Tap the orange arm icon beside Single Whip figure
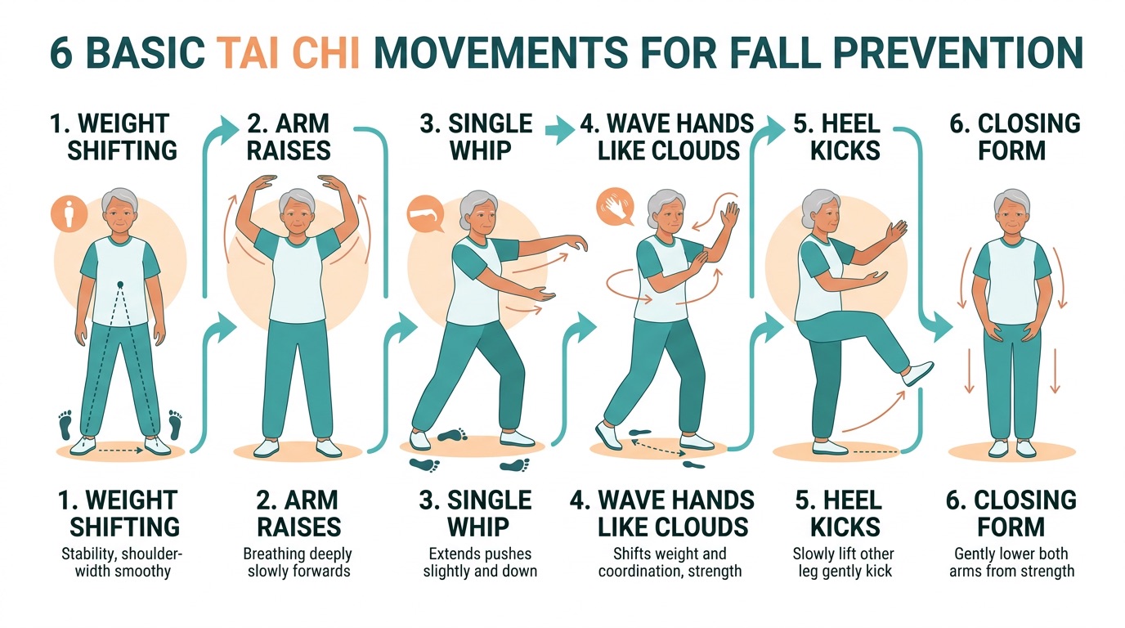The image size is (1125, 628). click(x=424, y=215)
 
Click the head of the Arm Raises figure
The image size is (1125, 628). click(x=296, y=211)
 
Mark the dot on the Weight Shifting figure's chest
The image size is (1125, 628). click(x=119, y=285)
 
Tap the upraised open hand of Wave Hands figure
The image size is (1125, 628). click(x=729, y=216)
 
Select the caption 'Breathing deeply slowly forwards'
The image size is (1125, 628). click(x=298, y=562)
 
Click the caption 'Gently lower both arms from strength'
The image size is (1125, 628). click(x=1011, y=562)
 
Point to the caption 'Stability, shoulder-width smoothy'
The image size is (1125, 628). click(x=122, y=562)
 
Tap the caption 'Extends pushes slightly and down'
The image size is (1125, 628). click(x=480, y=562)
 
